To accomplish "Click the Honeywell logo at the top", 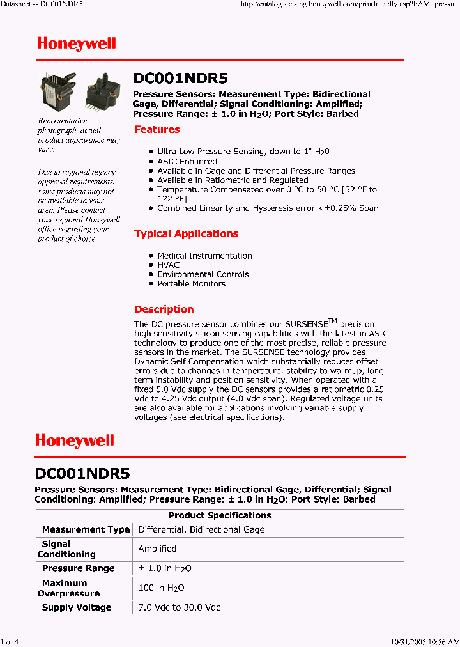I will (76, 43).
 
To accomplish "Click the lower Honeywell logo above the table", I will (75, 440).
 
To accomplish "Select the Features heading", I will (157, 130).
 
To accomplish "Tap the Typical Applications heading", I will (186, 234).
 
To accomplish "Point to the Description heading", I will (164, 309).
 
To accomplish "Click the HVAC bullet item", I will (169, 265).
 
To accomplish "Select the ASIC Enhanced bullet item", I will (187, 162).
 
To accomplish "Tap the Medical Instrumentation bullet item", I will (204, 256).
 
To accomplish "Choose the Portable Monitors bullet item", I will (192, 284).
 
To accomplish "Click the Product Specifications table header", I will (220, 516).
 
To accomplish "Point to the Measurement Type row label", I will (86, 530).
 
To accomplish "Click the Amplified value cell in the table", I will (158, 549).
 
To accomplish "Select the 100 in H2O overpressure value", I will (162, 588).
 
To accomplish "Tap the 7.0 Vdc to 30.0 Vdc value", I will (180, 607).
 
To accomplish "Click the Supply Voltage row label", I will (77, 607).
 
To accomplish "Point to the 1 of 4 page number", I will (10, 641).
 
